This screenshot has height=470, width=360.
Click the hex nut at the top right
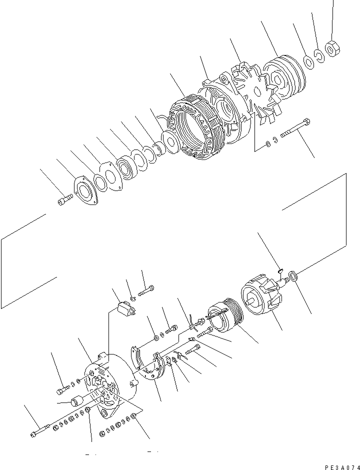331,48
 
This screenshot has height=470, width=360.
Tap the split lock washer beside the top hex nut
320,54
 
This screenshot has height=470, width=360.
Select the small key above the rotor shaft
280,271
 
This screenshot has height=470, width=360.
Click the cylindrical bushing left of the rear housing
77,401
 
